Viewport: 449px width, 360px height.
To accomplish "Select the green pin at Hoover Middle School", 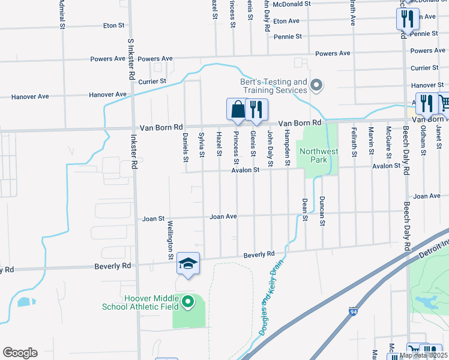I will click(x=188, y=301).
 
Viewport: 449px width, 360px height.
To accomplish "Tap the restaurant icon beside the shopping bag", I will click(x=256, y=109).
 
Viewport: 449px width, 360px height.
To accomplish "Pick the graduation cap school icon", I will click(x=188, y=264).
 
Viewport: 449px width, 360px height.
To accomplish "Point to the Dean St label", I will click(x=305, y=210).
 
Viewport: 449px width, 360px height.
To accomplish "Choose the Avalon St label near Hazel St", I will click(x=247, y=170).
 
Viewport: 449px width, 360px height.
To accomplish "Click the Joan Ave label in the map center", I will click(x=223, y=217).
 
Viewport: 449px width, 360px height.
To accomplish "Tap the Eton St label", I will click(x=113, y=26).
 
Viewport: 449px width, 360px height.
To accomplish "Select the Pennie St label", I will click(x=288, y=37).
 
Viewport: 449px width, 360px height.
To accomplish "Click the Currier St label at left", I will click(x=152, y=81).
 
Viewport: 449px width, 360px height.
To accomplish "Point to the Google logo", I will click(x=20, y=353).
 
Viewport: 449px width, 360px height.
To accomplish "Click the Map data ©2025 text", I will click(x=423, y=356).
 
